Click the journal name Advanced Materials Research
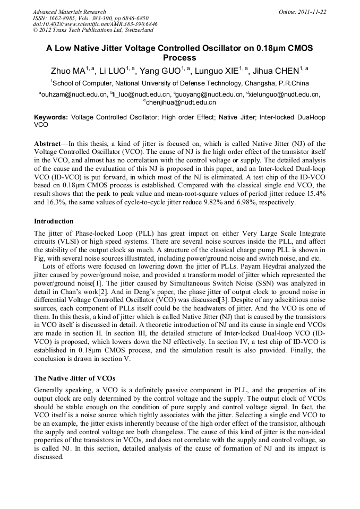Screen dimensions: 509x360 [x=69, y=12]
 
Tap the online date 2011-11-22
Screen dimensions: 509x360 [x=313, y=12]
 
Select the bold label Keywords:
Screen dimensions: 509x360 [x=51, y=117]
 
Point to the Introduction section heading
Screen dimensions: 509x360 [x=54, y=221]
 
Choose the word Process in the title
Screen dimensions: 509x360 [x=179, y=58]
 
